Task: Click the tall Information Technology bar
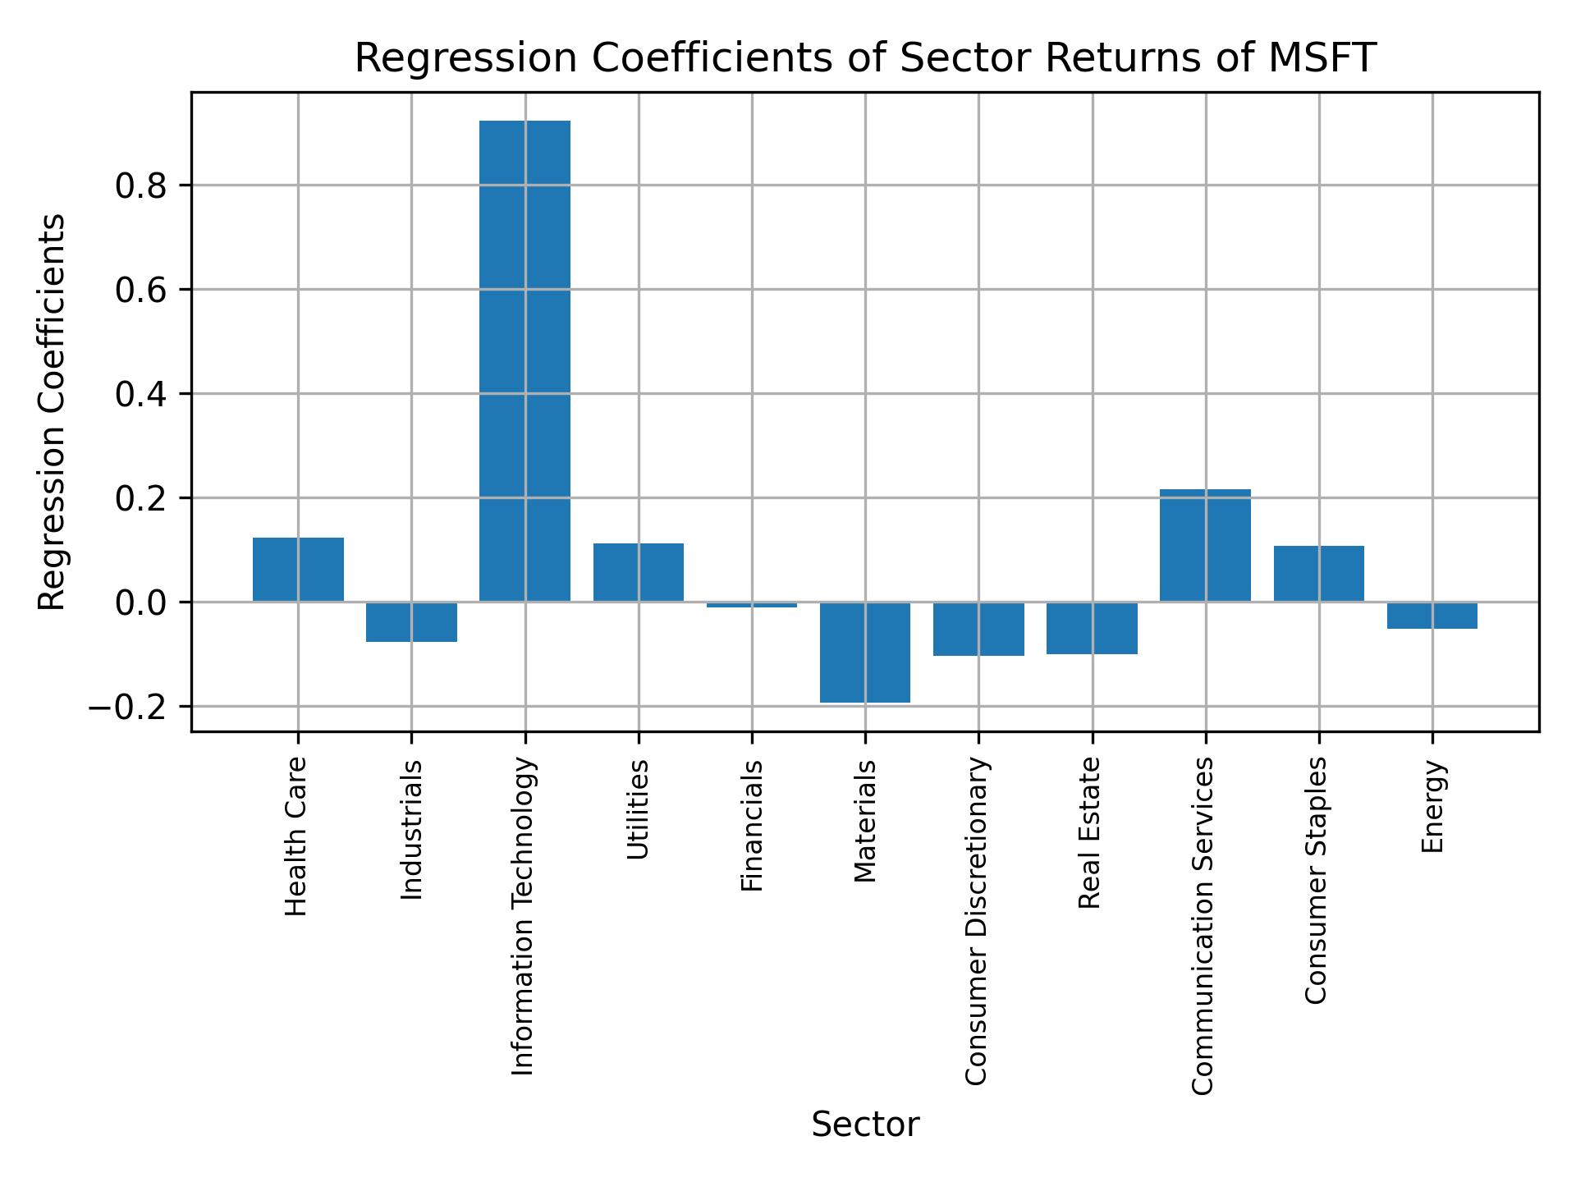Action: click(x=525, y=361)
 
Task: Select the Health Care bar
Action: click(x=298, y=570)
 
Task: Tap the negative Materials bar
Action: click(x=865, y=652)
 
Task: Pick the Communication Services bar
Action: click(x=1205, y=545)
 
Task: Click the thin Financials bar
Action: click(x=752, y=605)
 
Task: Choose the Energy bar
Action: click(x=1432, y=616)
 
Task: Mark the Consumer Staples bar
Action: click(x=1318, y=574)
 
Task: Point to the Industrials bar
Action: click(x=411, y=621)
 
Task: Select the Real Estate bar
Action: click(x=1092, y=628)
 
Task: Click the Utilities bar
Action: click(x=639, y=572)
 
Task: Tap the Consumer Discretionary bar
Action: click(x=978, y=629)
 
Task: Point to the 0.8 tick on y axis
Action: click(x=141, y=186)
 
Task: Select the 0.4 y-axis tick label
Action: click(x=141, y=395)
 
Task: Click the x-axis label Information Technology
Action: click(x=524, y=916)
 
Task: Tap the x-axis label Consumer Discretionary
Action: click(x=976, y=921)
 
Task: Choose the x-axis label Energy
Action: click(x=1432, y=807)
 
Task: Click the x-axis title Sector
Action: click(x=865, y=1125)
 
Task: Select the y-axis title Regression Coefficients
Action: click(x=53, y=412)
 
